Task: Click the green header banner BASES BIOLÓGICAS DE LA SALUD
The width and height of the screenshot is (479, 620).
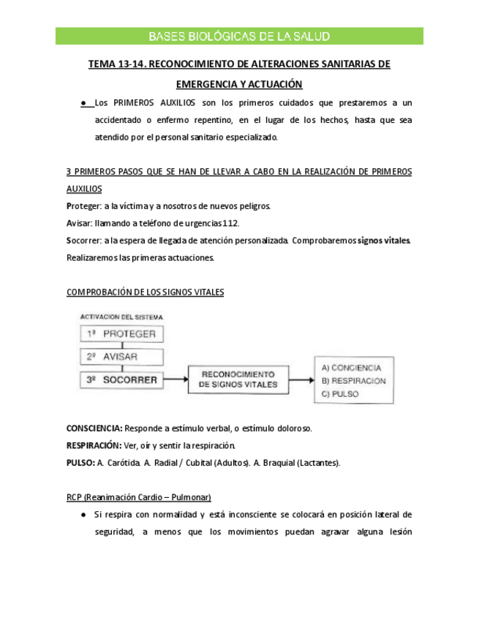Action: [239, 37]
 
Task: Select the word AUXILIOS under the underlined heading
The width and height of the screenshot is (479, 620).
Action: [84, 189]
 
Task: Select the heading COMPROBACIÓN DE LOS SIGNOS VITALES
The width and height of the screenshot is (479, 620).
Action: [146, 292]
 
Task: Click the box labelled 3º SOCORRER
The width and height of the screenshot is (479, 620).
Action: [120, 380]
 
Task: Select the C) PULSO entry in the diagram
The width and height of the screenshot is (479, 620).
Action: [339, 395]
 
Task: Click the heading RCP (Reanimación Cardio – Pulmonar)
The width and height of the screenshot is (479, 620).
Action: [138, 497]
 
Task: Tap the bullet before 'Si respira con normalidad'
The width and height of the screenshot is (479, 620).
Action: [85, 515]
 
